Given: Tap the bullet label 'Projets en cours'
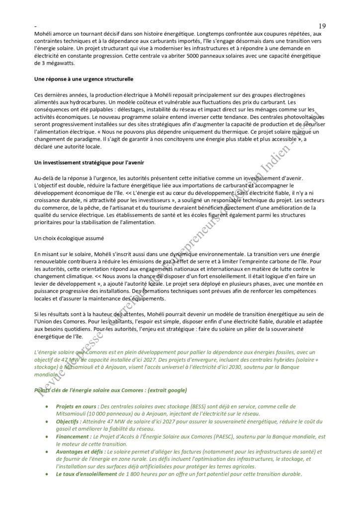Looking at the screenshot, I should point(77,406).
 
